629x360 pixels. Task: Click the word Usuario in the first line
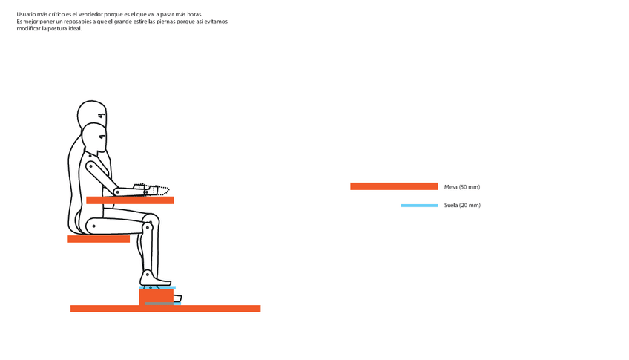[x=27, y=14]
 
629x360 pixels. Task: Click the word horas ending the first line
[x=193, y=14]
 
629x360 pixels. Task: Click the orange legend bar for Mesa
[x=393, y=186]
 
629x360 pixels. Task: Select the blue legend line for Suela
[x=419, y=206]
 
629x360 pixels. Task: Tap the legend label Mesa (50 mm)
[x=462, y=187]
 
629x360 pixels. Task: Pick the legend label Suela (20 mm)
[x=462, y=206]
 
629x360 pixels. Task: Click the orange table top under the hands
[x=130, y=200]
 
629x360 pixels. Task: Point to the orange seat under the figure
[x=99, y=239]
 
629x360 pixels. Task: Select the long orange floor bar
[x=165, y=309]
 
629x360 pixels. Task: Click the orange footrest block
[x=156, y=296]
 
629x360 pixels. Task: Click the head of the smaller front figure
[x=95, y=137]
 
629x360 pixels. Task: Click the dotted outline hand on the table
[x=157, y=190]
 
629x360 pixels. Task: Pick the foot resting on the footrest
[x=156, y=279]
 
